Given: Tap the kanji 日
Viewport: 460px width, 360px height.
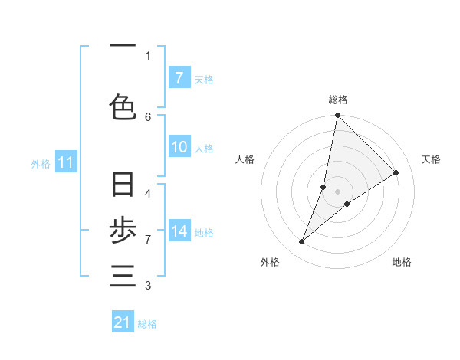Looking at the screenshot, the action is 123,185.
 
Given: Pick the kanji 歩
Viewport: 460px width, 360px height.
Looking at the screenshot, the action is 123,231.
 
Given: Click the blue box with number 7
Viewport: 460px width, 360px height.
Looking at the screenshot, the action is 179,78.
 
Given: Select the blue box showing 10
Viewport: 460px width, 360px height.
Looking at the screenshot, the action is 179,147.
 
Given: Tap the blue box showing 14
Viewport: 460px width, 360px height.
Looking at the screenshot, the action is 179,231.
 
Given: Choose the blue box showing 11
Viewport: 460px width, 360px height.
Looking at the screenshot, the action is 65,162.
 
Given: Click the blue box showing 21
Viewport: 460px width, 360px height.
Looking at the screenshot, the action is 123,322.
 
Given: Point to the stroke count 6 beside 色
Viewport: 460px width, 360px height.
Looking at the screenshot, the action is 148,116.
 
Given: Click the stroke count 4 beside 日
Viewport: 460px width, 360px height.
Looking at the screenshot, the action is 148,193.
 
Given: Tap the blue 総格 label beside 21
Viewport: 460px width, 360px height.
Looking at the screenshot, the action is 147,324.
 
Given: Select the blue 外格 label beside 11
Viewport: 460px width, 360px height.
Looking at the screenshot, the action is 41,163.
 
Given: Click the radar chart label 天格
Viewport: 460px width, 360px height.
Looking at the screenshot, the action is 431,159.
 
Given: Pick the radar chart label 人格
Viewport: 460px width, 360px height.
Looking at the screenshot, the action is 245,159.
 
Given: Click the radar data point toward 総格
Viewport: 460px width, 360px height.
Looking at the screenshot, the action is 337,116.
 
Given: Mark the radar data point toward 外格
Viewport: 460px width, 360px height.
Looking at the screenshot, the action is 302,242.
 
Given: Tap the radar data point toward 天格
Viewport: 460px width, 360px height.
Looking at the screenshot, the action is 396,173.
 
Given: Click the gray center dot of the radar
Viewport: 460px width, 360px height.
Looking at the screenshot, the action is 337,191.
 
